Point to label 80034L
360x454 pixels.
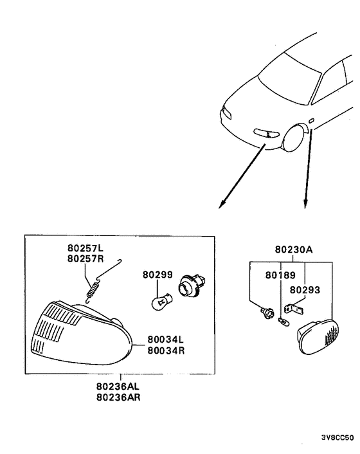click(x=165, y=338)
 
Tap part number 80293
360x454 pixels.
click(x=304, y=290)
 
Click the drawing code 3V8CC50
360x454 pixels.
click(x=337, y=438)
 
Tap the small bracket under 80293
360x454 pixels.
click(x=297, y=311)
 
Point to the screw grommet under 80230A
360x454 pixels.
click(x=263, y=314)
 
